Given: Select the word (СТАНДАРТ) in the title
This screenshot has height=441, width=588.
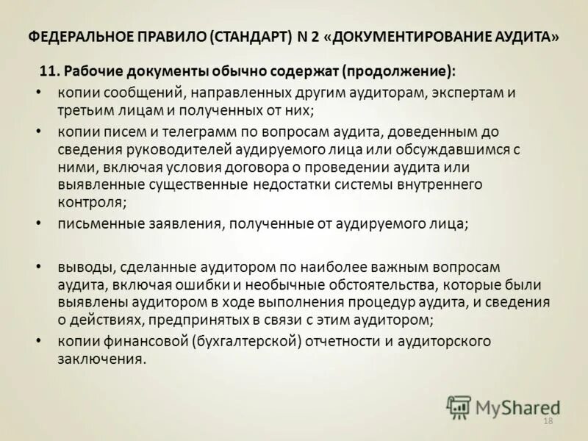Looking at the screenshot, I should tap(250, 37).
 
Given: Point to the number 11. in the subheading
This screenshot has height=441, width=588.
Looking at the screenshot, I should tap(49, 72).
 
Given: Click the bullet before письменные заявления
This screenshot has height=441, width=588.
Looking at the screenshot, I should tap(39, 225).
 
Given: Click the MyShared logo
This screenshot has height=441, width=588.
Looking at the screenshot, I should tap(503, 406).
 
